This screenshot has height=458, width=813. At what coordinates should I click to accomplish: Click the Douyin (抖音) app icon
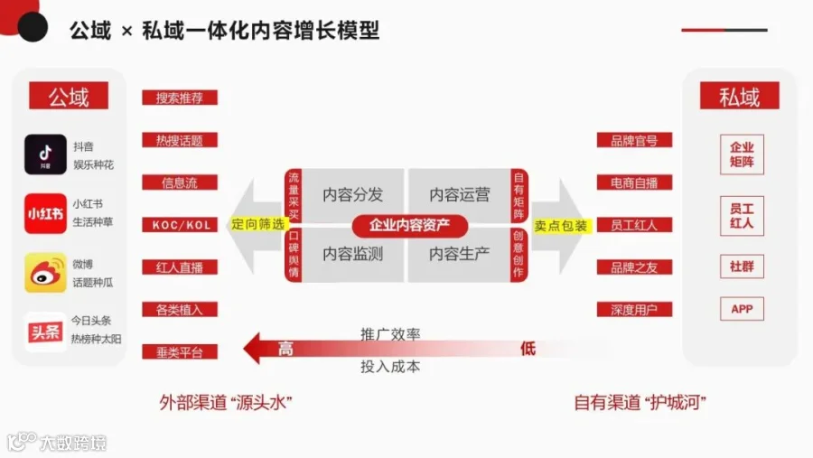[45, 154]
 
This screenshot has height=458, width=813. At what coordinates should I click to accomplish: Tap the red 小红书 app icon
[45, 214]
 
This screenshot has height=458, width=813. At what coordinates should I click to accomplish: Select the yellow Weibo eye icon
[45, 273]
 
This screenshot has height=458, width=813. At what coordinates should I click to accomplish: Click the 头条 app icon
[45, 332]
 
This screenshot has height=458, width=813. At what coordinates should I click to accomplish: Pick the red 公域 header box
[69, 96]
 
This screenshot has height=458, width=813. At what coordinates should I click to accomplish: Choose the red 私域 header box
[739, 96]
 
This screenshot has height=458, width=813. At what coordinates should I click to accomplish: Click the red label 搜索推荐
[180, 98]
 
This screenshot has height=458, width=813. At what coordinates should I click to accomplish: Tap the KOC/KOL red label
[180, 225]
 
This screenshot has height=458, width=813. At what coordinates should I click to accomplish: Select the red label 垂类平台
[180, 352]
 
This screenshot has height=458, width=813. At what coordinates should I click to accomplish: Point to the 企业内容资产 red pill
[409, 226]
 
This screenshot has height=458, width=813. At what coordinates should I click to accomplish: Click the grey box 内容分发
[352, 194]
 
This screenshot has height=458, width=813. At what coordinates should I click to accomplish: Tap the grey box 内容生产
[460, 254]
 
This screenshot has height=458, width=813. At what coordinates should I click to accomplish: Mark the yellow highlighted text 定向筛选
[257, 224]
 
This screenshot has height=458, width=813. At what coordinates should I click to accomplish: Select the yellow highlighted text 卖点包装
[561, 226]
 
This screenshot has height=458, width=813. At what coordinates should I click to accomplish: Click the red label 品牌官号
[634, 140]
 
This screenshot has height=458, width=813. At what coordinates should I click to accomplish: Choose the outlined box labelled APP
[742, 309]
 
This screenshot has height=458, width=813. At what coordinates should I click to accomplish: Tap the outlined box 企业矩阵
[742, 154]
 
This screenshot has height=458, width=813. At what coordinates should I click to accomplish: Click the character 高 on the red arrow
[285, 349]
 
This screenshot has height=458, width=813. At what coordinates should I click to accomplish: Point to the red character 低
[528, 349]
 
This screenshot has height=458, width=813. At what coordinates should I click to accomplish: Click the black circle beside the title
[33, 26]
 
